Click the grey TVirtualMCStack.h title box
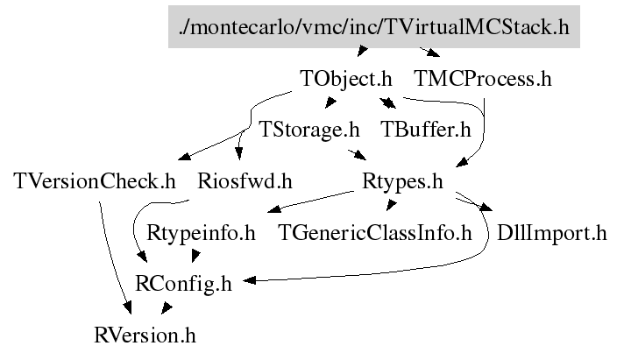[x=373, y=26]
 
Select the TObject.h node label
[x=346, y=79]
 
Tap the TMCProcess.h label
[x=483, y=78]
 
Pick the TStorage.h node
[x=309, y=130]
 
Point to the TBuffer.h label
[x=425, y=130]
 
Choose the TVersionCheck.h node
[x=95, y=181]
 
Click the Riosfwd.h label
[x=245, y=181]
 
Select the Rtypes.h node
[x=402, y=182]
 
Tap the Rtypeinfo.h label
[x=201, y=233]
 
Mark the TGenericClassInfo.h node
[x=375, y=233]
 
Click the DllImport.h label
[x=551, y=233]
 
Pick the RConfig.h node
[x=183, y=285]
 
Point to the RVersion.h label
[x=145, y=335]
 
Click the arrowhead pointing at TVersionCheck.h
[x=185, y=156]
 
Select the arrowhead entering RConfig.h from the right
[x=249, y=280]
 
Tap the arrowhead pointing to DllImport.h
[x=486, y=207]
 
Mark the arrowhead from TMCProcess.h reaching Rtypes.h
[x=462, y=162]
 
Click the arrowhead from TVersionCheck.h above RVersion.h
[x=127, y=308]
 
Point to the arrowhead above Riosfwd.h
[x=238, y=153]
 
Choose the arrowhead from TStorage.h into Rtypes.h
[x=360, y=155]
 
